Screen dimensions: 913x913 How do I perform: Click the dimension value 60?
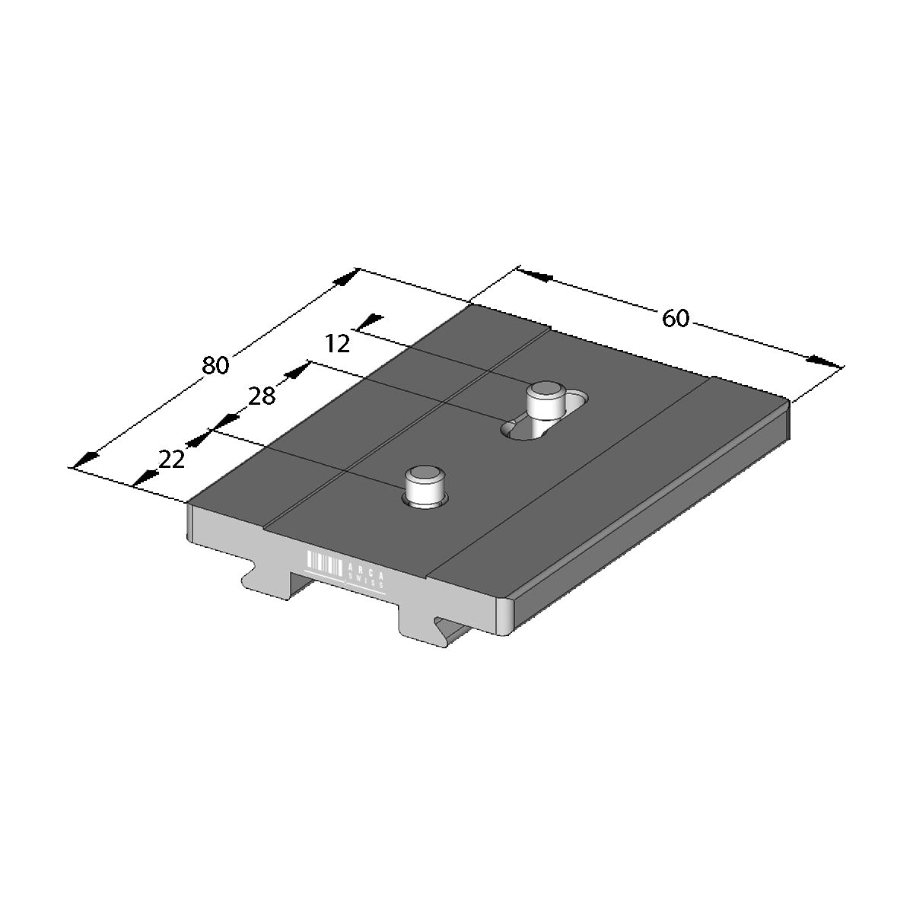[x=675, y=318]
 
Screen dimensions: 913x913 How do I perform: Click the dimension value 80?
[x=215, y=365]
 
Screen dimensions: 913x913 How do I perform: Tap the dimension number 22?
[x=171, y=460]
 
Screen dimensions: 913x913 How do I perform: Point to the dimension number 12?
[x=338, y=343]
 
